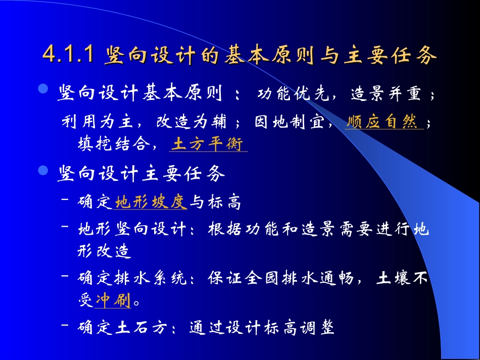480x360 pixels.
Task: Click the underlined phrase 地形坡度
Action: (151, 202)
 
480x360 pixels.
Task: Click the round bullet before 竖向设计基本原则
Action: (43, 90)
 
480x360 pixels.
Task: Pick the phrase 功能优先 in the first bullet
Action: (290, 94)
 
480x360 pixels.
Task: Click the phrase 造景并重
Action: (382, 94)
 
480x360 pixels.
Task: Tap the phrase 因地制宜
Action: (289, 122)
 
